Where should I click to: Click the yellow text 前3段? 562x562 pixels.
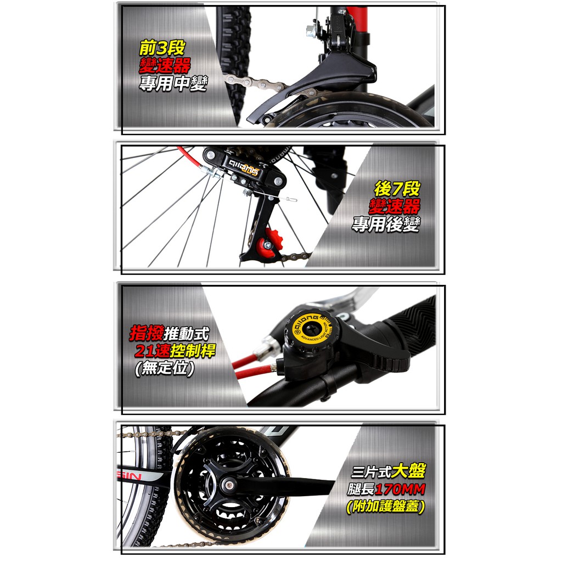(162, 48)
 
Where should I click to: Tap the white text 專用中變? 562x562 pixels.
(173, 83)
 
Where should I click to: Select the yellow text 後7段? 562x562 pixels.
(397, 189)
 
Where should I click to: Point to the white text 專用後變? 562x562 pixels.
(386, 224)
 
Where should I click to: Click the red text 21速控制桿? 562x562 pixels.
(175, 351)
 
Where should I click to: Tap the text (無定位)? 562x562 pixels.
(165, 368)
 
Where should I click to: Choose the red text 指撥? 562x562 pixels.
(147, 333)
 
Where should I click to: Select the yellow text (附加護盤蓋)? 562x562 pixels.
(386, 507)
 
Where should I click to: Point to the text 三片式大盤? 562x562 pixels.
(388, 471)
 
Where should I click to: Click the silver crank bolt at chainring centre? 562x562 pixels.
(228, 486)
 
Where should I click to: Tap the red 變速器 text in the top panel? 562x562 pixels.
(165, 66)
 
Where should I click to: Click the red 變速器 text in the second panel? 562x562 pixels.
(394, 206)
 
